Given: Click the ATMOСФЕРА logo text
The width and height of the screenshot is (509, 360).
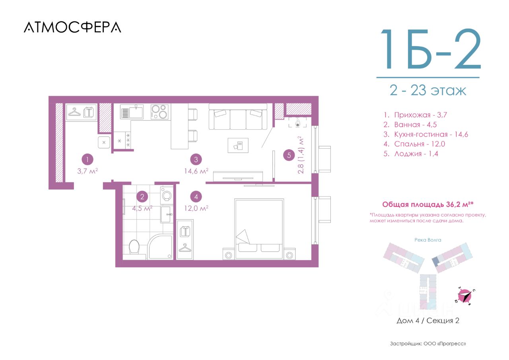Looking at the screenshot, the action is point(72,27).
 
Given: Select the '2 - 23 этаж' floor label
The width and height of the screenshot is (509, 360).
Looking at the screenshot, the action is point(428,90).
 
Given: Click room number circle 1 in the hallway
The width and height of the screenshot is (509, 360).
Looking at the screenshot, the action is point(87,160).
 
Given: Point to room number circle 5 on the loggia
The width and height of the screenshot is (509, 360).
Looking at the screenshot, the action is point(289,155).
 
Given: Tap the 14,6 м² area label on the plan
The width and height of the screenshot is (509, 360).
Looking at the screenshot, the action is point(196,171).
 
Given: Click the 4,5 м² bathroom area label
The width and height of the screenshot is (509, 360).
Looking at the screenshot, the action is point(142,208).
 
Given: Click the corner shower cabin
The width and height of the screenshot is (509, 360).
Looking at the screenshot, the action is point(160,247).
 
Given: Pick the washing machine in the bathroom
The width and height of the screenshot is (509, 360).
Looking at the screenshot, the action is point(167,195).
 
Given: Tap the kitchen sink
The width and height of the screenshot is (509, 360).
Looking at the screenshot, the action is point(132,111).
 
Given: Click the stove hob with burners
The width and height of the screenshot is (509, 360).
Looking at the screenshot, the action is point(159,112).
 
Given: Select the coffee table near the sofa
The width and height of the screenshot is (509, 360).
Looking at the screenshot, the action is point(238,145).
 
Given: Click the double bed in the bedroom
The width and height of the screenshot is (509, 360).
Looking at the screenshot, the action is point(259,229).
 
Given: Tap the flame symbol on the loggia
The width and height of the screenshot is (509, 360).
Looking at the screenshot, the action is point(297,123).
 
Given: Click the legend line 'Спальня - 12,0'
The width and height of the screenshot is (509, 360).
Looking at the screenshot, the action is point(414,144).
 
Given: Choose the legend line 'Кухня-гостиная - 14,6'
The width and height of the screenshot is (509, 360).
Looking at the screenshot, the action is point(426,134).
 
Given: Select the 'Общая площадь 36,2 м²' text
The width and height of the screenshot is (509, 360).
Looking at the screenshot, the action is point(428,204).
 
